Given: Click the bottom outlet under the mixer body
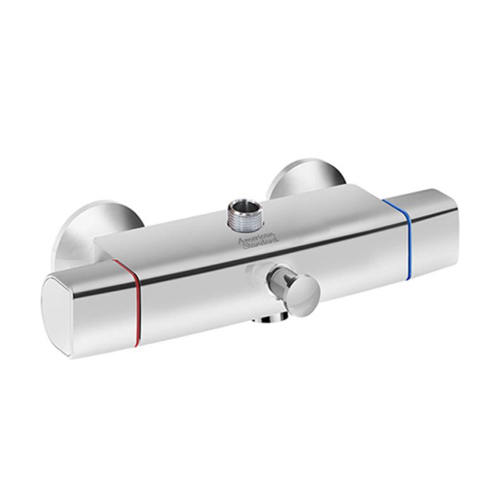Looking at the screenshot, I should (x=269, y=319).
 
